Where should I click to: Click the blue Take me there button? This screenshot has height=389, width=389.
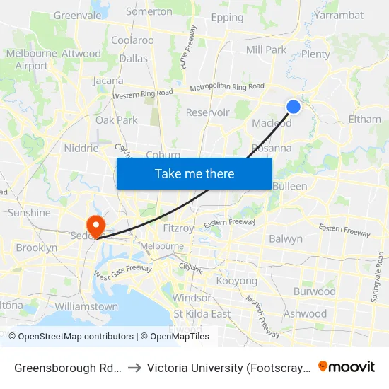coord(194,173)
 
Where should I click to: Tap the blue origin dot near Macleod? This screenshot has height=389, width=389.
coord(294,107)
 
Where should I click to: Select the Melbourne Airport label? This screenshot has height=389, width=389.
coord(31,59)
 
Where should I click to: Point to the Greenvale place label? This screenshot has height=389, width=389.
coord(78,15)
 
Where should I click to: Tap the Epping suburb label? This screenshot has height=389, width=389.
coord(227,18)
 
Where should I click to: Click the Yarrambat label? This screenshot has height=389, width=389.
coord(339,15)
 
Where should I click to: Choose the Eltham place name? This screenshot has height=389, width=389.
coord(364,120)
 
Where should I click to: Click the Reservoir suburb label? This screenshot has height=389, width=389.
coord(207,112)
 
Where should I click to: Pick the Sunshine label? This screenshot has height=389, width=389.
coord(29,213)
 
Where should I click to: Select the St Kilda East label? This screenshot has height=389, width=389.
coord(202,314)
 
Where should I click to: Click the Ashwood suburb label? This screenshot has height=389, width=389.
coord(305,313)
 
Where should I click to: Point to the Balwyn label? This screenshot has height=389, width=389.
coord(286,239)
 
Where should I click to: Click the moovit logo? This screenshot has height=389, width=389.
coord(347,366)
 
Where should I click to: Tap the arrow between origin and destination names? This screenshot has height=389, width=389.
coord(134,367)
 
